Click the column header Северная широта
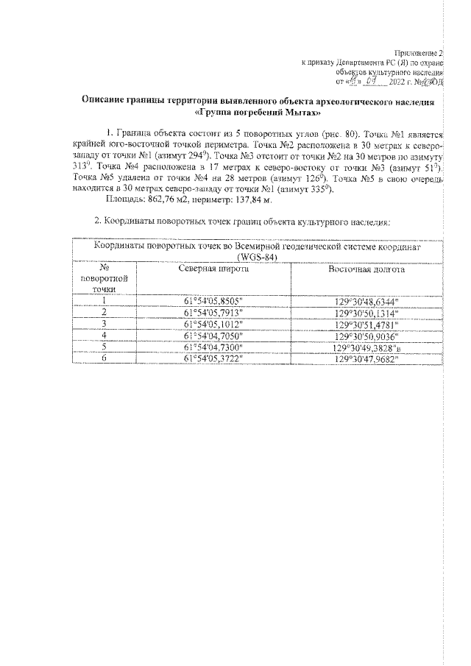click(213, 269)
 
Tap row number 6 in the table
click(105, 358)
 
